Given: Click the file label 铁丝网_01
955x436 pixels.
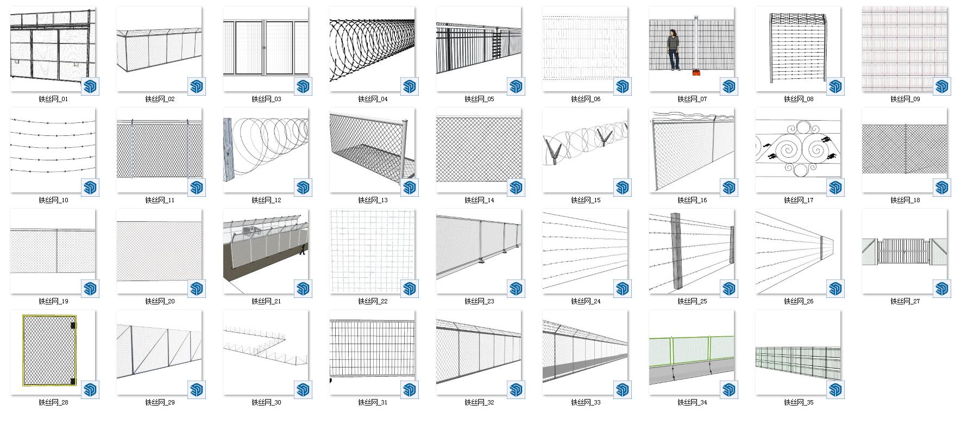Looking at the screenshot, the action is point(53,99).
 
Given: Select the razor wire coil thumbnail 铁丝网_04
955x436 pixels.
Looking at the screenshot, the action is point(372,49).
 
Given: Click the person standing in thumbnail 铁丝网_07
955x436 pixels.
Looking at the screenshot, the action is point(674,50).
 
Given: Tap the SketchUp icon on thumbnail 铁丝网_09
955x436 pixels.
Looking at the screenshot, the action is point(943,86).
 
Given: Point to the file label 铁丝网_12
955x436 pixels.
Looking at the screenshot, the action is point(266,201).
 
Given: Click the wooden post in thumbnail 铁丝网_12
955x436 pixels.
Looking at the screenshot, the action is point(227,150).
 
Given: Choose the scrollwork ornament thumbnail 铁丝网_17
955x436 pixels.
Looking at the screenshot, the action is point(798,150).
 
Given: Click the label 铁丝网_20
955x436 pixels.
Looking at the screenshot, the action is point(160,302).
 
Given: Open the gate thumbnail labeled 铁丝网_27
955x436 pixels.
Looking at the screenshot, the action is point(904,251).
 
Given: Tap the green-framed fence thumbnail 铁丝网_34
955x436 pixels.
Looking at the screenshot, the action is point(692,352).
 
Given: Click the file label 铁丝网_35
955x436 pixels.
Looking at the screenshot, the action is point(799,403).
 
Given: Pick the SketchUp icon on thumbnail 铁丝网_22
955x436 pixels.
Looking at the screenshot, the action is point(410,289).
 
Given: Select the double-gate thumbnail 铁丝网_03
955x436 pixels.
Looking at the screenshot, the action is point(266,49).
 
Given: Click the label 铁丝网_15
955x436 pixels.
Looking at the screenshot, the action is point(586,201).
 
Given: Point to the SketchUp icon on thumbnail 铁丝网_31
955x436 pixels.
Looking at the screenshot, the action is point(410,390).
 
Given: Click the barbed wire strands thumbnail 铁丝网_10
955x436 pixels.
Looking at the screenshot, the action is point(53,150).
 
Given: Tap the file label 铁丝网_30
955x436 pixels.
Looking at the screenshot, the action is point(266,403).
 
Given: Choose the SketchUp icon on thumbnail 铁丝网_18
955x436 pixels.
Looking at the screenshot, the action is point(943,188).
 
